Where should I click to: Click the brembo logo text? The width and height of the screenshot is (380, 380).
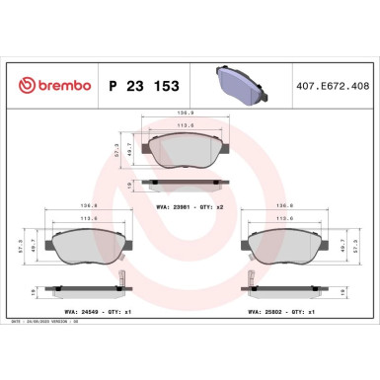coord(50,86)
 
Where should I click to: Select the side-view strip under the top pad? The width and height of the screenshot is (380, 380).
coord(185,183)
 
